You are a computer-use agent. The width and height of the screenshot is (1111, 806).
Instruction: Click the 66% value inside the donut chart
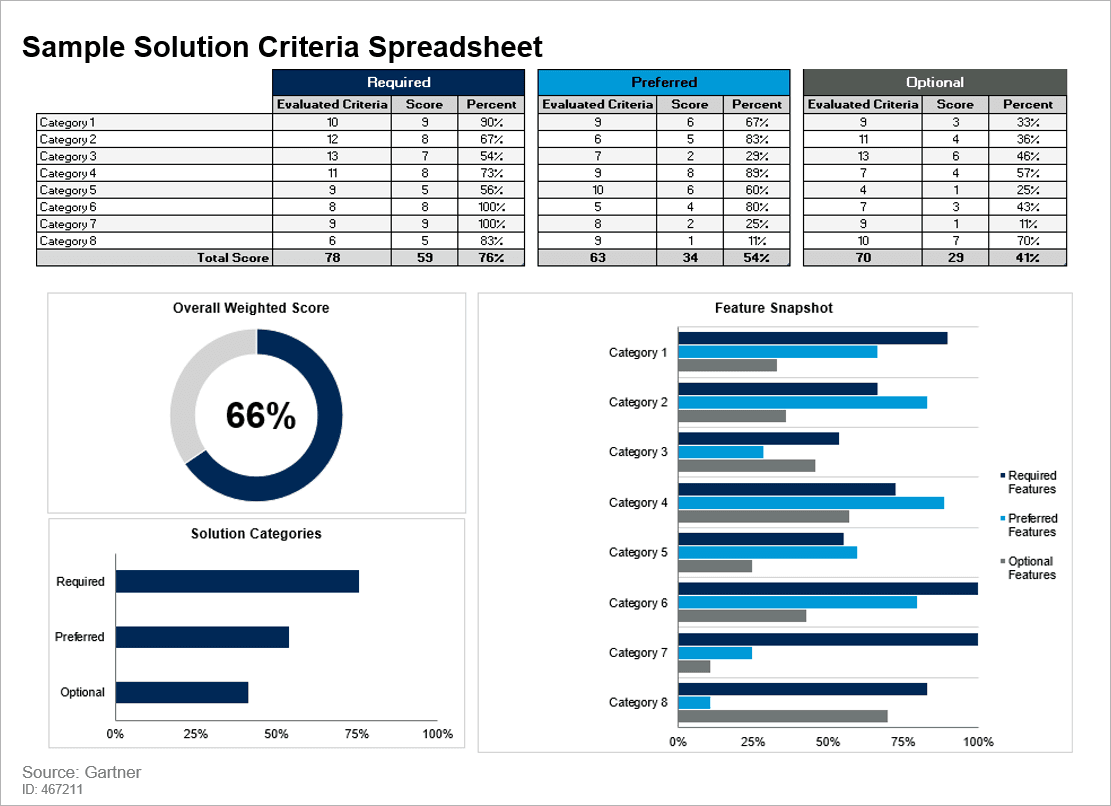[260, 416]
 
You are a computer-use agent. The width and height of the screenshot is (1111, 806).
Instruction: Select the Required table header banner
[398, 82]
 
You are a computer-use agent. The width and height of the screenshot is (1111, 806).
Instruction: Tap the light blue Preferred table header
[664, 82]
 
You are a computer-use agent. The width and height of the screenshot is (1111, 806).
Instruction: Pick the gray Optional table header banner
[935, 82]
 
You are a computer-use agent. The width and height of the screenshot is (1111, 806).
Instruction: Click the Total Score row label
[233, 258]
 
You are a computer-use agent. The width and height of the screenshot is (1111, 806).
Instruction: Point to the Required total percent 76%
[491, 258]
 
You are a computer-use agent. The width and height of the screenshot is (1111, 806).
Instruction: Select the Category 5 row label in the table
[68, 190]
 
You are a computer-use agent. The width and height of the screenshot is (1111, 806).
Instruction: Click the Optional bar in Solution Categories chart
[181, 692]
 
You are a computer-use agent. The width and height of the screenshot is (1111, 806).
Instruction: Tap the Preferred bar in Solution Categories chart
[202, 637]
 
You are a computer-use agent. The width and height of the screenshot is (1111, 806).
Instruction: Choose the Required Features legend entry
[1031, 482]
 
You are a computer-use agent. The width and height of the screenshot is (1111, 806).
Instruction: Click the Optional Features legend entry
[1031, 568]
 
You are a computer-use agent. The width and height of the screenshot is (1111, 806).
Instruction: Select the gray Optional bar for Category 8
[782, 716]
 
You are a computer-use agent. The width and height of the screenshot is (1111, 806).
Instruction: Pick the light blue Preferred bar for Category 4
[811, 503]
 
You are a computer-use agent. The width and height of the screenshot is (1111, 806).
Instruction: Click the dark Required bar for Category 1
[812, 338]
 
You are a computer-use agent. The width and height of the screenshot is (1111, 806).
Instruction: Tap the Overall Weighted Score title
[251, 308]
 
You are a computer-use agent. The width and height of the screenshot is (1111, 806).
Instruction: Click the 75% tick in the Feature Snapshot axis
[903, 742]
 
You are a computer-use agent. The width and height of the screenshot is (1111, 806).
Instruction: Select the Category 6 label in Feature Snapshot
[638, 603]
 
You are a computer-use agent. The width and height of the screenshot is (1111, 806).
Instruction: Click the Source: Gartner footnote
[82, 772]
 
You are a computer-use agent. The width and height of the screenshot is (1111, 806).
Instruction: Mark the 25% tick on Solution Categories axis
[196, 734]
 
